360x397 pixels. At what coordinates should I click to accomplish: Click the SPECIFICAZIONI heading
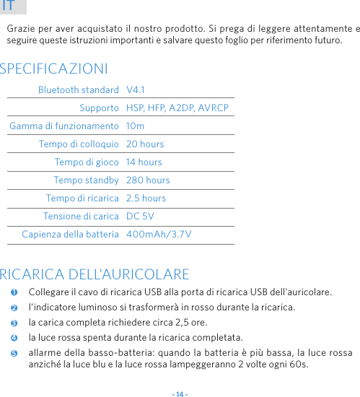55,69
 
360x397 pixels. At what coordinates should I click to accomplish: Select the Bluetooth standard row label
79,90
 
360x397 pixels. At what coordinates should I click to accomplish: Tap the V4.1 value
136,90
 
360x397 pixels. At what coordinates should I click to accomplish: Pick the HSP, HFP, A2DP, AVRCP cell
177,108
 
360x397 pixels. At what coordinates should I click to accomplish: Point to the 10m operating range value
135,126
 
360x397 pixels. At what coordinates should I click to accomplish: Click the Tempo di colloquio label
79,144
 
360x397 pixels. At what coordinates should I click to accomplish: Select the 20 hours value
145,144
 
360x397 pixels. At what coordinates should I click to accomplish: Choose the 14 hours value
144,162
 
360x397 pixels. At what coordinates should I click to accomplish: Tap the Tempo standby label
86,180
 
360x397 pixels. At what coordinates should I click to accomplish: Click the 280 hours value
148,180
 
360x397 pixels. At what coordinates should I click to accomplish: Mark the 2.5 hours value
146,198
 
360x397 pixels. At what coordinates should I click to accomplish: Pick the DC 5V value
140,216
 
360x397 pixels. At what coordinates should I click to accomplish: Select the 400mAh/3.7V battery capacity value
159,234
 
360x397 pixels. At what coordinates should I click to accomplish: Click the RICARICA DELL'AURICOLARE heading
95,274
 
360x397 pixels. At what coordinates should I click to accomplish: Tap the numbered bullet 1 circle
14,292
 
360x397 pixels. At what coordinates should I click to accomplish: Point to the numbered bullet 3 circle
14,322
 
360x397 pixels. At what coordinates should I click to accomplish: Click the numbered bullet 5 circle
14,352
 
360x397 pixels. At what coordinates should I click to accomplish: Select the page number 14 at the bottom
180,394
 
